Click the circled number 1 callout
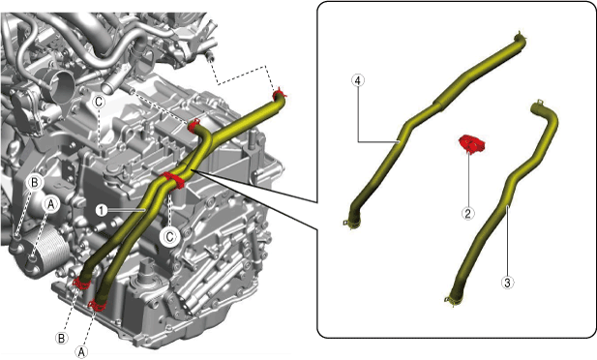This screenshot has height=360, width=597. click(102, 210)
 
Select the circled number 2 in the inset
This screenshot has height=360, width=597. click(468, 213)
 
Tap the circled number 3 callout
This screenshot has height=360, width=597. click(508, 283)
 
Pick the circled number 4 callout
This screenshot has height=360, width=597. click(358, 80)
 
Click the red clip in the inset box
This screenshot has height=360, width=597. click(471, 143)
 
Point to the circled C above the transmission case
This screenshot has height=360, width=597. click(99, 102)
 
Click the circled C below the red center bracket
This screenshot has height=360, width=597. click(169, 237)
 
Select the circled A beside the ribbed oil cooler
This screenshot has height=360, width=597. click(50, 204)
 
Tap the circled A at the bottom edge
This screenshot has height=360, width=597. click(81, 352)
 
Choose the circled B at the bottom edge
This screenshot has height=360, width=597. click(62, 338)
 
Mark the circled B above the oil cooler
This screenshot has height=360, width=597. click(34, 183)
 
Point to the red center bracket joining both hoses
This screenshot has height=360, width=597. click(173, 180)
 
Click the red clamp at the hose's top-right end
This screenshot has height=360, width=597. click(280, 94)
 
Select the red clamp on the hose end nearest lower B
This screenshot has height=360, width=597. click(80, 284)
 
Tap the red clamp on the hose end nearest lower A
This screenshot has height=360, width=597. click(97, 304)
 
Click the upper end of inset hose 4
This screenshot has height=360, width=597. click(520, 39)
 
